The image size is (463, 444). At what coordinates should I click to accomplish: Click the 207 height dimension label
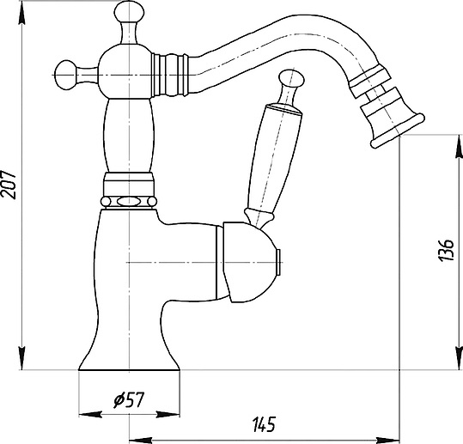tap(9, 184)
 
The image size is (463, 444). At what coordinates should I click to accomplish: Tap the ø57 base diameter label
tap(129, 399)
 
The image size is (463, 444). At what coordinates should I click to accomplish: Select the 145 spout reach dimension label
tap(264, 424)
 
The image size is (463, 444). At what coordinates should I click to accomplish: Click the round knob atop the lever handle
tap(292, 78)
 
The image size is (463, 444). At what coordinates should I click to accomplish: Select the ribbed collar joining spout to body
tap(170, 75)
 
